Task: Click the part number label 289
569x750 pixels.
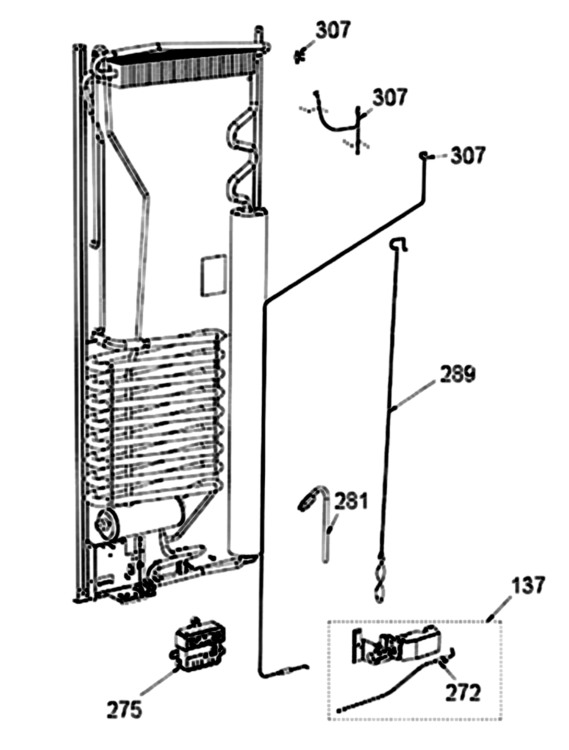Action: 457,374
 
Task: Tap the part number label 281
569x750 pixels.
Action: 351,501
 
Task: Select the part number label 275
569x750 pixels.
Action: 124,709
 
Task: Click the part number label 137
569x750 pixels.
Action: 528,585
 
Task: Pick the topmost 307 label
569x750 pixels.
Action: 333,30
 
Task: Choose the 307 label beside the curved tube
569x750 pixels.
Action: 390,97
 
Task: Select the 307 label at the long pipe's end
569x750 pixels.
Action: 468,156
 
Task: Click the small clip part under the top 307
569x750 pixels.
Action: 300,57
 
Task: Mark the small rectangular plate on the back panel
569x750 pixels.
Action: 213,275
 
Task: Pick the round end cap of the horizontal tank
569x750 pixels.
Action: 106,525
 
